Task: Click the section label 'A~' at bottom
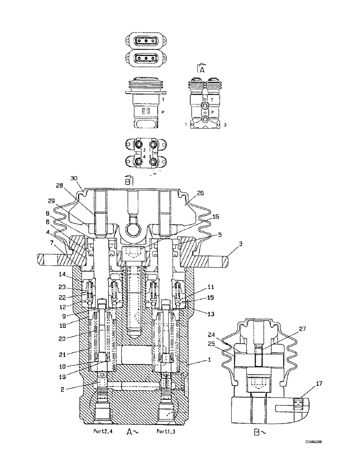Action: [x=132, y=432]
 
